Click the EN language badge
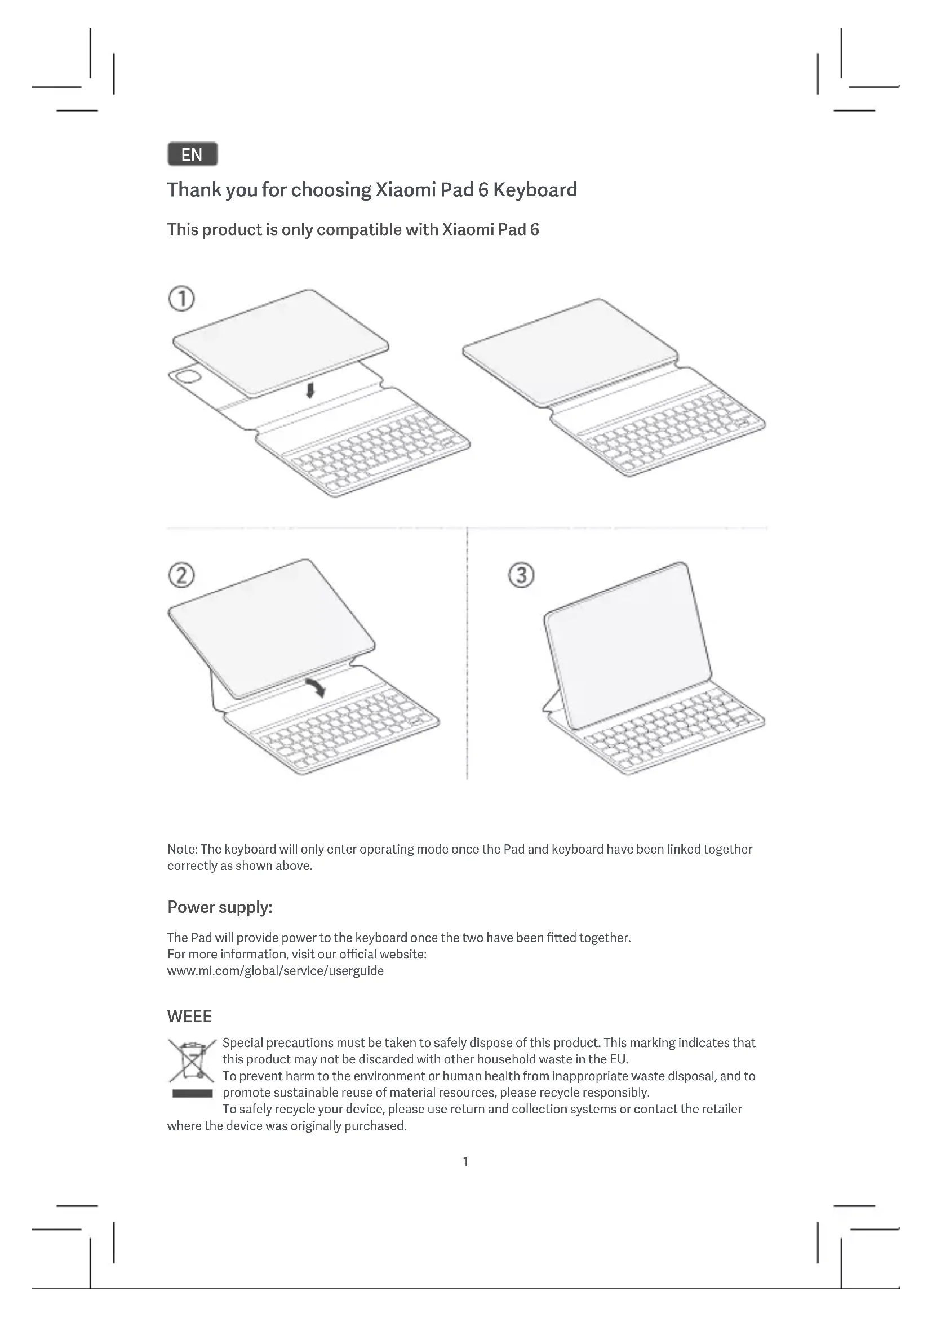click(192, 154)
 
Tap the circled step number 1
click(181, 299)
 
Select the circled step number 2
click(181, 575)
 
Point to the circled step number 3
click(521, 575)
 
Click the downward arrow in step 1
click(310, 391)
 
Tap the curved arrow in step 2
click(316, 686)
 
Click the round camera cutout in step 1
click(188, 377)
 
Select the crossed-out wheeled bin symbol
click(191, 1061)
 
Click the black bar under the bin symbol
click(192, 1094)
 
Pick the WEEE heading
click(189, 1017)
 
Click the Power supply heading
click(220, 907)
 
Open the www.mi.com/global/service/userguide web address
click(276, 971)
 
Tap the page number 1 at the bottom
click(465, 1162)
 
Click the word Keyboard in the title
click(535, 190)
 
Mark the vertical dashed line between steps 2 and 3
click(467, 654)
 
